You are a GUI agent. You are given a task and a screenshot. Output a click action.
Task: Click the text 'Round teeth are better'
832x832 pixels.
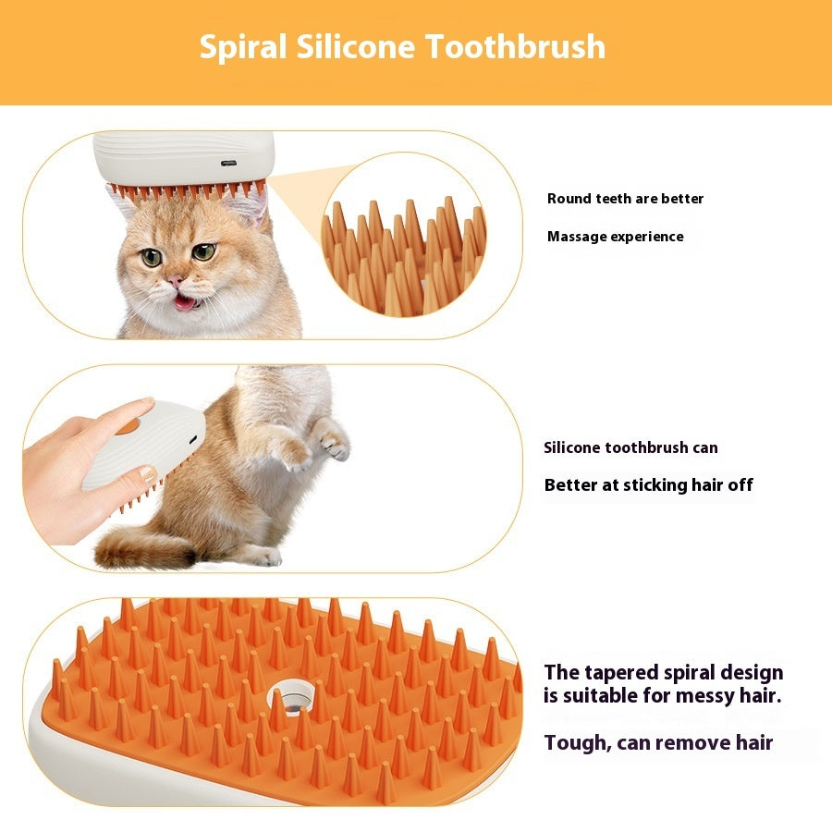coord(625,199)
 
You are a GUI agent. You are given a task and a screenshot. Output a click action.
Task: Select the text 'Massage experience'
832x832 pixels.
coord(615,237)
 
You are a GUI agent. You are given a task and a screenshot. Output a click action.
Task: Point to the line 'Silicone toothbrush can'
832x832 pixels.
coord(630,448)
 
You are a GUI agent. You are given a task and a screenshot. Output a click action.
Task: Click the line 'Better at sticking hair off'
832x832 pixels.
coord(648,485)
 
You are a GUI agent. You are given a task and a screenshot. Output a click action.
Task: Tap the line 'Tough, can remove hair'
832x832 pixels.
coord(658,742)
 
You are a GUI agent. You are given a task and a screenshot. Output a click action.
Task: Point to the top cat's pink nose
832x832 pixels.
coord(174,280)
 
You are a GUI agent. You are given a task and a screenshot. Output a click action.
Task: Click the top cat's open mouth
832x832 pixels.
coord(185,302)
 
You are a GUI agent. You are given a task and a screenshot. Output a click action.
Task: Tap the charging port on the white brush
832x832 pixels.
coord(228,164)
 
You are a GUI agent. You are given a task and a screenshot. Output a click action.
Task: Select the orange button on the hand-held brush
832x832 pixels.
coord(128,426)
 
